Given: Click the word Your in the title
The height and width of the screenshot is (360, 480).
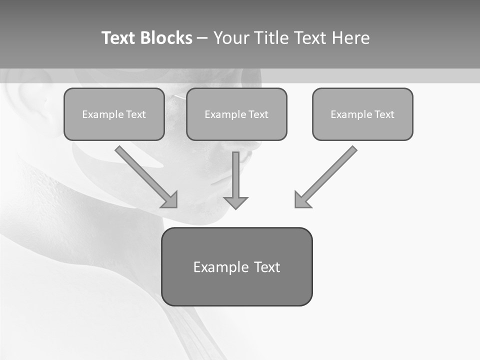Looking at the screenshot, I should pos(229,38).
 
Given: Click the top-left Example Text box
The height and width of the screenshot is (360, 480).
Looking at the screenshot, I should pos(114,114).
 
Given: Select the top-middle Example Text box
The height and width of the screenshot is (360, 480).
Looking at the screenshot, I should pos(236,114).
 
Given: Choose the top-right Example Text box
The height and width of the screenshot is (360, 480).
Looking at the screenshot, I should pos(362,114).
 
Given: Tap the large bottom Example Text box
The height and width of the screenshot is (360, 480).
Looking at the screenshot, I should pos(236,267).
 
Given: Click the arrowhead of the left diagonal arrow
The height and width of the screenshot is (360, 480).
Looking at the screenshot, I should pos(170,200).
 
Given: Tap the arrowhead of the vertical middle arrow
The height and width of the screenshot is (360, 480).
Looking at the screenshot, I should pos(235,202).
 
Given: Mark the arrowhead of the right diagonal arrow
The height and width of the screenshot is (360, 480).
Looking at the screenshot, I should pos(301,200).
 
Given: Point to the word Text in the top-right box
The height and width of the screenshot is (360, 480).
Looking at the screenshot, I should pos(384,114).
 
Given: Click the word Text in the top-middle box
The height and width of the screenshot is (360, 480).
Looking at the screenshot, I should pos(258,114).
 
